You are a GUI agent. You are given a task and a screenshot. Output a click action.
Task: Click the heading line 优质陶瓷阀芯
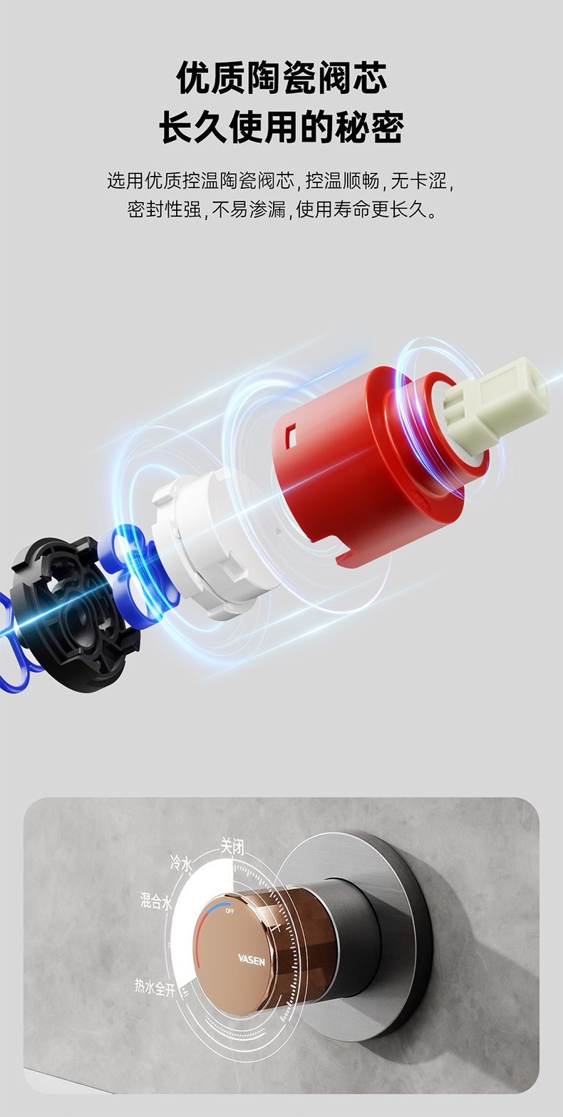[281, 78]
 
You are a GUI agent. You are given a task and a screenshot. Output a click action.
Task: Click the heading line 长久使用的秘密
[281, 127]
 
